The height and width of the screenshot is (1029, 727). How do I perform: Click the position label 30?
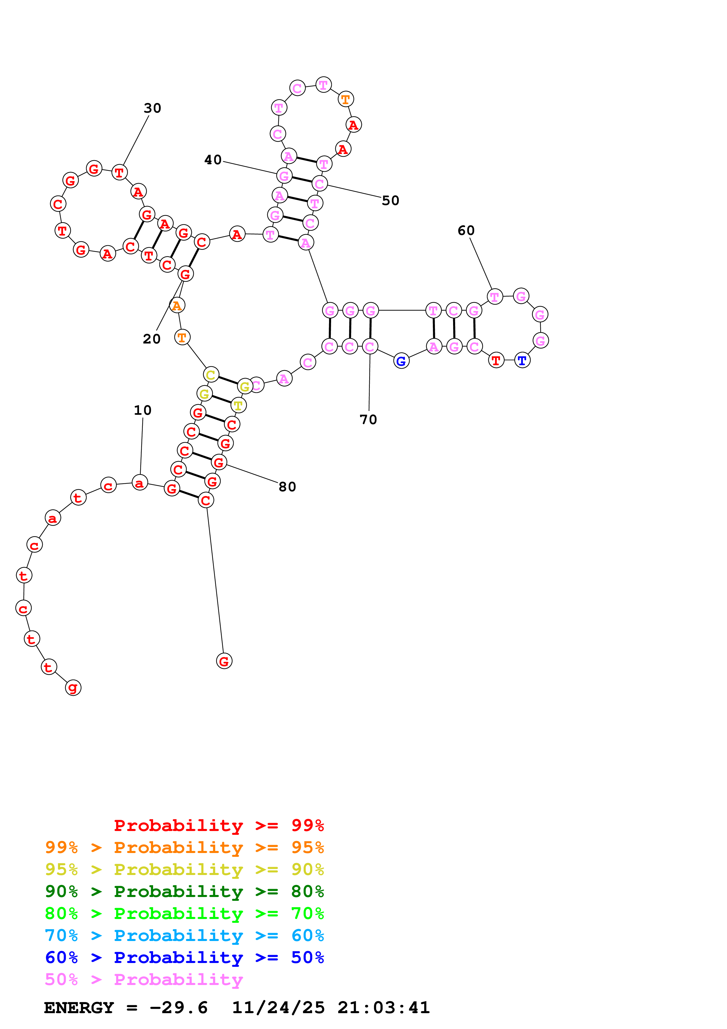click(x=152, y=108)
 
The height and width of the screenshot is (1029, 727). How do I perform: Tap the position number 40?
click(x=213, y=160)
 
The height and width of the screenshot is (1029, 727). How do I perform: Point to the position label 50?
click(x=390, y=201)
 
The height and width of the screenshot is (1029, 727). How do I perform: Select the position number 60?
click(x=466, y=231)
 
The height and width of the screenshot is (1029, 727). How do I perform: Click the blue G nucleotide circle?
click(x=401, y=361)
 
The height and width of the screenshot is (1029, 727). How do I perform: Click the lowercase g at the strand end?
click(x=73, y=688)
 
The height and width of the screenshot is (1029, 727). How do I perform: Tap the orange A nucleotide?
click(x=177, y=306)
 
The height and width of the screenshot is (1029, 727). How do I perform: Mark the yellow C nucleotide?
click(x=211, y=375)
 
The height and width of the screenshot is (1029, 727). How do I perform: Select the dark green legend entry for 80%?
click(x=184, y=892)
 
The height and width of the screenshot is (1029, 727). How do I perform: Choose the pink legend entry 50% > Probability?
click(x=144, y=980)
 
